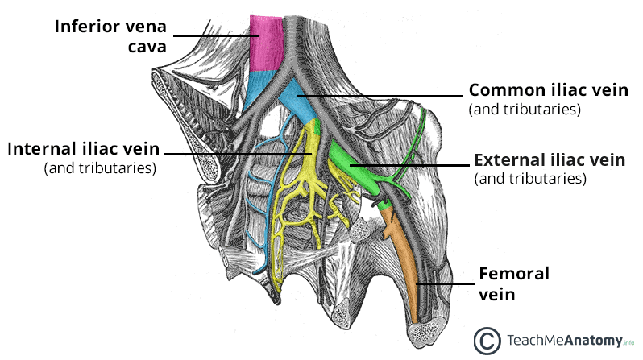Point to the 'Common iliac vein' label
tap(548, 90)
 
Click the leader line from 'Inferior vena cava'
tap(214, 35)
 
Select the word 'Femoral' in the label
tap(513, 274)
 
